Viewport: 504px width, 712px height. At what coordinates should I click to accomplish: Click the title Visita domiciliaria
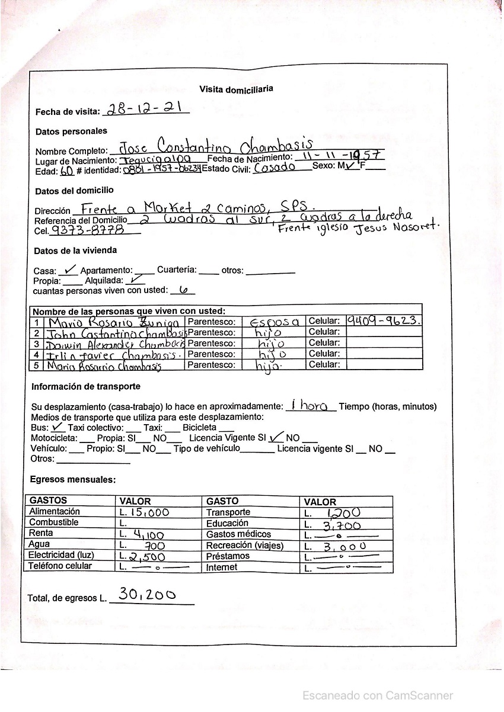tap(236, 89)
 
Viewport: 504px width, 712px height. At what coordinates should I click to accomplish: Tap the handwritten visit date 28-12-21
tap(145, 109)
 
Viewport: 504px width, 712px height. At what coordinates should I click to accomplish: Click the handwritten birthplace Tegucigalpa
tap(155, 160)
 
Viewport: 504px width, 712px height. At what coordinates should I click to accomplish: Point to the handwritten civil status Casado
tap(275, 168)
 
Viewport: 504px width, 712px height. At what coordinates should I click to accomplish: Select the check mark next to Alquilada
tap(136, 280)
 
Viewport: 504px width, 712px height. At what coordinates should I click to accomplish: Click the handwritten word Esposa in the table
tap(274, 322)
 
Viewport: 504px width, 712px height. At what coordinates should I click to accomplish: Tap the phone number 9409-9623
tap(384, 321)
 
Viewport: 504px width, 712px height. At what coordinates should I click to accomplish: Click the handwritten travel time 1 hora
tap(311, 406)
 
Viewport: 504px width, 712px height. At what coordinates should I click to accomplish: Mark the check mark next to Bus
tap(58, 426)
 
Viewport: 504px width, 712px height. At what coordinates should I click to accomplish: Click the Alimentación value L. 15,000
tap(145, 512)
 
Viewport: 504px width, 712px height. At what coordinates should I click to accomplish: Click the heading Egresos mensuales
tap(73, 479)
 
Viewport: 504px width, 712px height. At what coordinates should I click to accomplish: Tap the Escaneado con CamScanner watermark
tap(378, 695)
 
